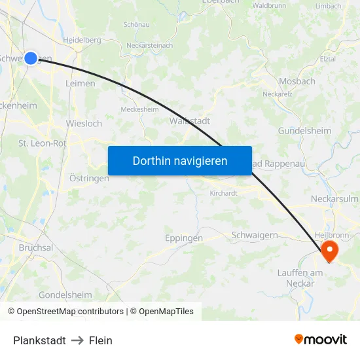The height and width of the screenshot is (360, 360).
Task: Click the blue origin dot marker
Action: pos(31,58)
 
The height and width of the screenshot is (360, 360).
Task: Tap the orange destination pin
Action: pos(328,249)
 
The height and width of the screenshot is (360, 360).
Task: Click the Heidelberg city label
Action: pos(82,40)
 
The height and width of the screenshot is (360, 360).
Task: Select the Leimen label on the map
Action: pos(81,83)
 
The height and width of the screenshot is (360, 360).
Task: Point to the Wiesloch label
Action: pos(84,123)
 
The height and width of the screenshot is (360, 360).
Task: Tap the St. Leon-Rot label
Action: pos(42,143)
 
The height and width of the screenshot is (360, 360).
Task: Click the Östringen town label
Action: pos(89,178)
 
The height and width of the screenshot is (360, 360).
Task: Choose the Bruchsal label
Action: pos(36,248)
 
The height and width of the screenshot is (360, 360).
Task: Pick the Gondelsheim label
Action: pos(65,295)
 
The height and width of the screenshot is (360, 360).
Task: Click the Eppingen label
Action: pos(183,238)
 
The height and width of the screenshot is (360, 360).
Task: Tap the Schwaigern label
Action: pos(255,235)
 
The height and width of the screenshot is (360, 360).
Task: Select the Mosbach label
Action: pos(297,81)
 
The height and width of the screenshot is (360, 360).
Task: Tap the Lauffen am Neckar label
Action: pos(300,278)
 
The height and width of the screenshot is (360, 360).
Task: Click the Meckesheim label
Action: pos(139,109)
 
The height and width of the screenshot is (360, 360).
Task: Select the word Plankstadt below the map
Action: pos(39,340)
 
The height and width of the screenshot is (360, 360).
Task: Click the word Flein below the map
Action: pos(101,340)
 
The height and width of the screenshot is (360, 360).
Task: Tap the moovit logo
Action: pos(321,339)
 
